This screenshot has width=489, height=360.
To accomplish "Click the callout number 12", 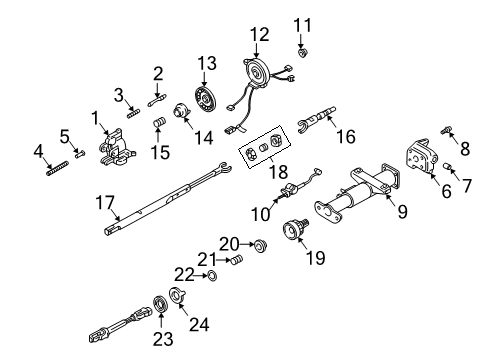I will click(259, 35).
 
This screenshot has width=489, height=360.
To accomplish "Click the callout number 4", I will click(38, 151).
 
